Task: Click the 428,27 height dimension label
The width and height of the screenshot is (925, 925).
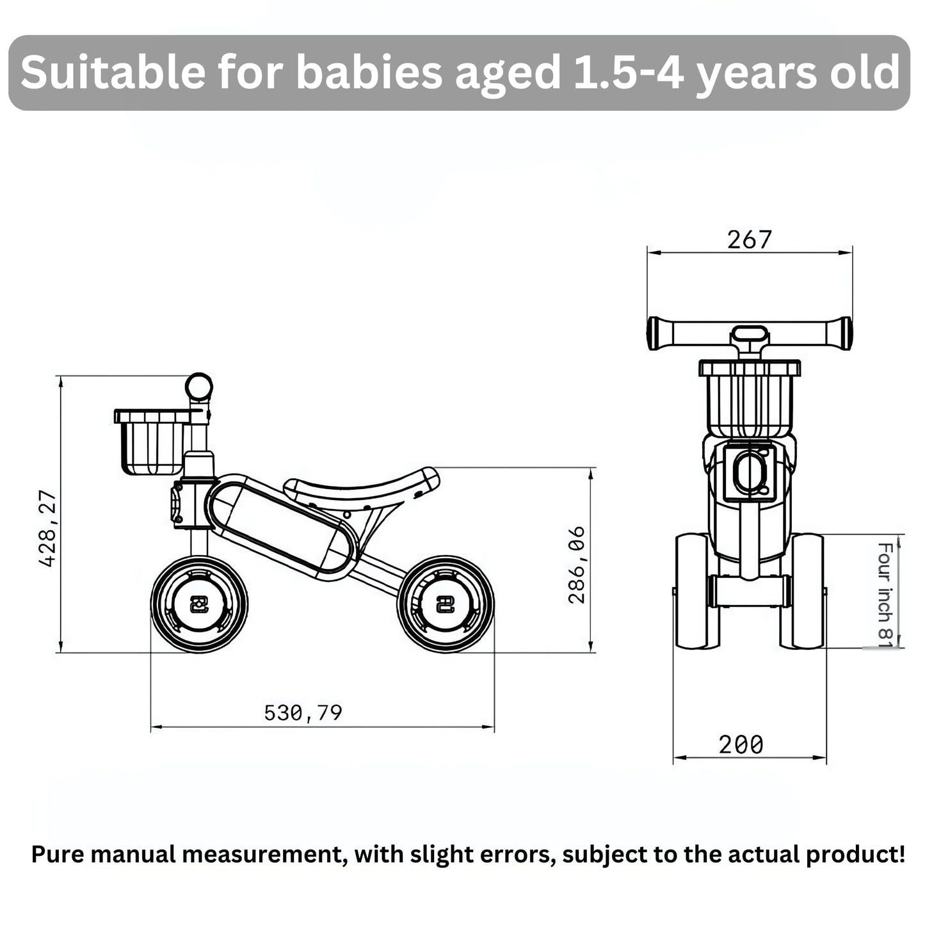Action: [48, 529]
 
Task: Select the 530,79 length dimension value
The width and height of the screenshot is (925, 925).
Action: [303, 713]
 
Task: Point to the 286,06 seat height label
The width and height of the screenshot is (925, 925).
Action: [577, 565]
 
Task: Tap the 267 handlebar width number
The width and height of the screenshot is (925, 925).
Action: [749, 239]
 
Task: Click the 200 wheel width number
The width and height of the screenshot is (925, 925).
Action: [741, 744]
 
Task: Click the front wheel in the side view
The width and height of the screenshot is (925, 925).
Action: [199, 604]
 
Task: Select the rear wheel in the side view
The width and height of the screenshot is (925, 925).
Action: [446, 604]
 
